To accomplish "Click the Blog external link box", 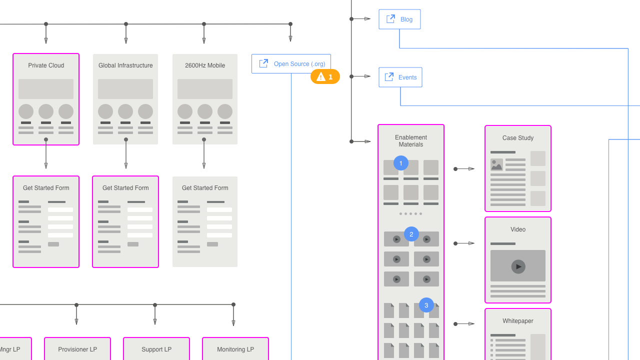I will pyautogui.click(x=399, y=19).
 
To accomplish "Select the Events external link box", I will pyautogui.click(x=400, y=77).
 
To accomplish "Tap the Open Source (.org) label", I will pyautogui.click(x=299, y=64).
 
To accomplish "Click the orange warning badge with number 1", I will pyautogui.click(x=325, y=76).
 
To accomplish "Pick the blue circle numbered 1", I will pyautogui.click(x=401, y=163).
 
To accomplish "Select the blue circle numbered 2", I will pyautogui.click(x=411, y=234).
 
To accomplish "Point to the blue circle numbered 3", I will pyautogui.click(x=426, y=305).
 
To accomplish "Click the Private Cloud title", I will pyautogui.click(x=46, y=65).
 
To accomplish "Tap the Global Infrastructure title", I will pyautogui.click(x=125, y=65).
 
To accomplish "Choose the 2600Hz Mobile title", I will pyautogui.click(x=205, y=65).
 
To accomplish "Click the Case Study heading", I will pyautogui.click(x=518, y=138).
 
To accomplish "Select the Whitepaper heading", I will pyautogui.click(x=518, y=321).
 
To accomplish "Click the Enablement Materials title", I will pyautogui.click(x=411, y=141).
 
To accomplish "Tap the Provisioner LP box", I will pyautogui.click(x=77, y=349).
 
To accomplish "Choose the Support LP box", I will pyautogui.click(x=156, y=349).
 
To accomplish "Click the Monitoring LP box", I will pyautogui.click(x=235, y=349).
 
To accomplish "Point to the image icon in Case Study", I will pyautogui.click(x=496, y=165).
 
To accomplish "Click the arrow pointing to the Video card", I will pyautogui.click(x=465, y=243).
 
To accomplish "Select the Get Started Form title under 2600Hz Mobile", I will pyautogui.click(x=205, y=188).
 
